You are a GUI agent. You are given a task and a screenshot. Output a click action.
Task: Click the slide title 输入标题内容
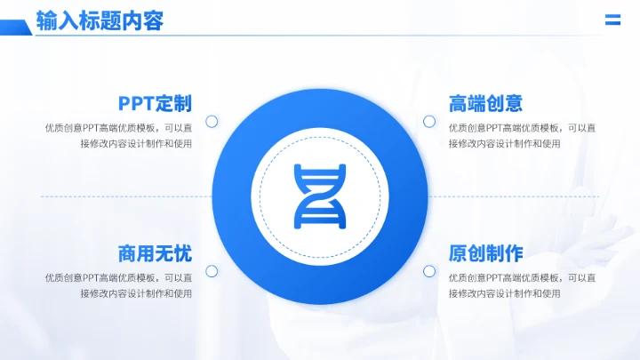pos(100,21)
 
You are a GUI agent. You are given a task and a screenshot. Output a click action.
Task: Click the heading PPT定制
pos(155,103)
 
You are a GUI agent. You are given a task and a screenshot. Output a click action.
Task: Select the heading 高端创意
pos(485,103)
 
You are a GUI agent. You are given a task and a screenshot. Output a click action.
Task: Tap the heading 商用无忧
pos(155,253)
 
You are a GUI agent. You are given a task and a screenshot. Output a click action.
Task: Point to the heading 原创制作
pos(485,253)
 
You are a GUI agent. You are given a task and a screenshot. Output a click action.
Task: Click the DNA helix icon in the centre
pos(320,196)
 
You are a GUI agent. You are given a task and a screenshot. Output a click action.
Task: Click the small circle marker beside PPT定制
pos(212,121)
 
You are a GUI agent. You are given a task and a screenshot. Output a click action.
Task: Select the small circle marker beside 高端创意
pos(428,121)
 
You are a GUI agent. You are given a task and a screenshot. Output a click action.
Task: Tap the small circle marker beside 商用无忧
pos(212,271)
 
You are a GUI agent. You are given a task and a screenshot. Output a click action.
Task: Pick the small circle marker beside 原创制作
pos(428,271)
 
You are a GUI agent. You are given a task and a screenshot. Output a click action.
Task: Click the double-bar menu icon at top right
pos(612,20)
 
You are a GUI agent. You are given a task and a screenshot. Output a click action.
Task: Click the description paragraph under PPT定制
pos(119,135)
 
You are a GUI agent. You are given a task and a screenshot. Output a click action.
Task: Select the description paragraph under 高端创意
pos(522,135)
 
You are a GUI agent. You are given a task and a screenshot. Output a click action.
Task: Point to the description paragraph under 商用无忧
pos(119,285)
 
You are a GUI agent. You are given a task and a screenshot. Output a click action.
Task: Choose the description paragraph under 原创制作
pos(522,285)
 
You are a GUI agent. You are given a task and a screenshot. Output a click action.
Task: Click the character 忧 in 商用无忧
pos(182,253)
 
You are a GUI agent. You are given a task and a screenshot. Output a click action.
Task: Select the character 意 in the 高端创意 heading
pos(513,103)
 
